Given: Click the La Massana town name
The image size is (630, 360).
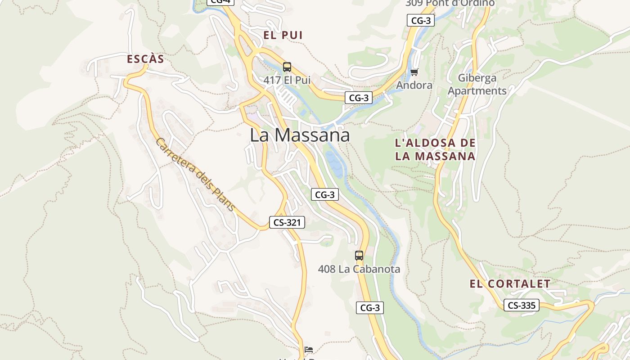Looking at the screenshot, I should (300, 135).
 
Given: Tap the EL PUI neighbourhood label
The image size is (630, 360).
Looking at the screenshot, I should (283, 35).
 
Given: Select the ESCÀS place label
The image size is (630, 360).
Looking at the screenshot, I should (145, 59).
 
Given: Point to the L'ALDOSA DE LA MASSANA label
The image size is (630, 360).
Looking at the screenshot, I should (435, 150).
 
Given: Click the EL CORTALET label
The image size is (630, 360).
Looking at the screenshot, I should (510, 284).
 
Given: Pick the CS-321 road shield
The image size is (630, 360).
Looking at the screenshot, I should (287, 222).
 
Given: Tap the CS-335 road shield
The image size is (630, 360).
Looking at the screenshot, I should (522, 305).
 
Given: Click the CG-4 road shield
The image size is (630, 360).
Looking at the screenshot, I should (220, 2).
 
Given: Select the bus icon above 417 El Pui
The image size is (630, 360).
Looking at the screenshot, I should (287, 67).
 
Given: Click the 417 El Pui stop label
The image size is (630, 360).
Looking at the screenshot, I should (287, 81).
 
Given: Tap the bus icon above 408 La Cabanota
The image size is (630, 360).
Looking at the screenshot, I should (359, 256).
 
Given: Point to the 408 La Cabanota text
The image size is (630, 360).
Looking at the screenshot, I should (359, 269).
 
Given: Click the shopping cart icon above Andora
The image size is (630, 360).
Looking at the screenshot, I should (414, 72).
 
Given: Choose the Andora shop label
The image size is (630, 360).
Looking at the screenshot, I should (414, 85).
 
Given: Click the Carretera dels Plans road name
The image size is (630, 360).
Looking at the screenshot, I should (195, 175).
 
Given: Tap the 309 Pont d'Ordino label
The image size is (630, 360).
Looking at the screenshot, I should (450, 3).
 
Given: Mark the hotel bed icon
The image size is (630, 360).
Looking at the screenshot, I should (309, 349).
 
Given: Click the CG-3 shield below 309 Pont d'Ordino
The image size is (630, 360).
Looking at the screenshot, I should (420, 20).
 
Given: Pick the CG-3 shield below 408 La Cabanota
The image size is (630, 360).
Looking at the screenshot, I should (370, 308).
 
